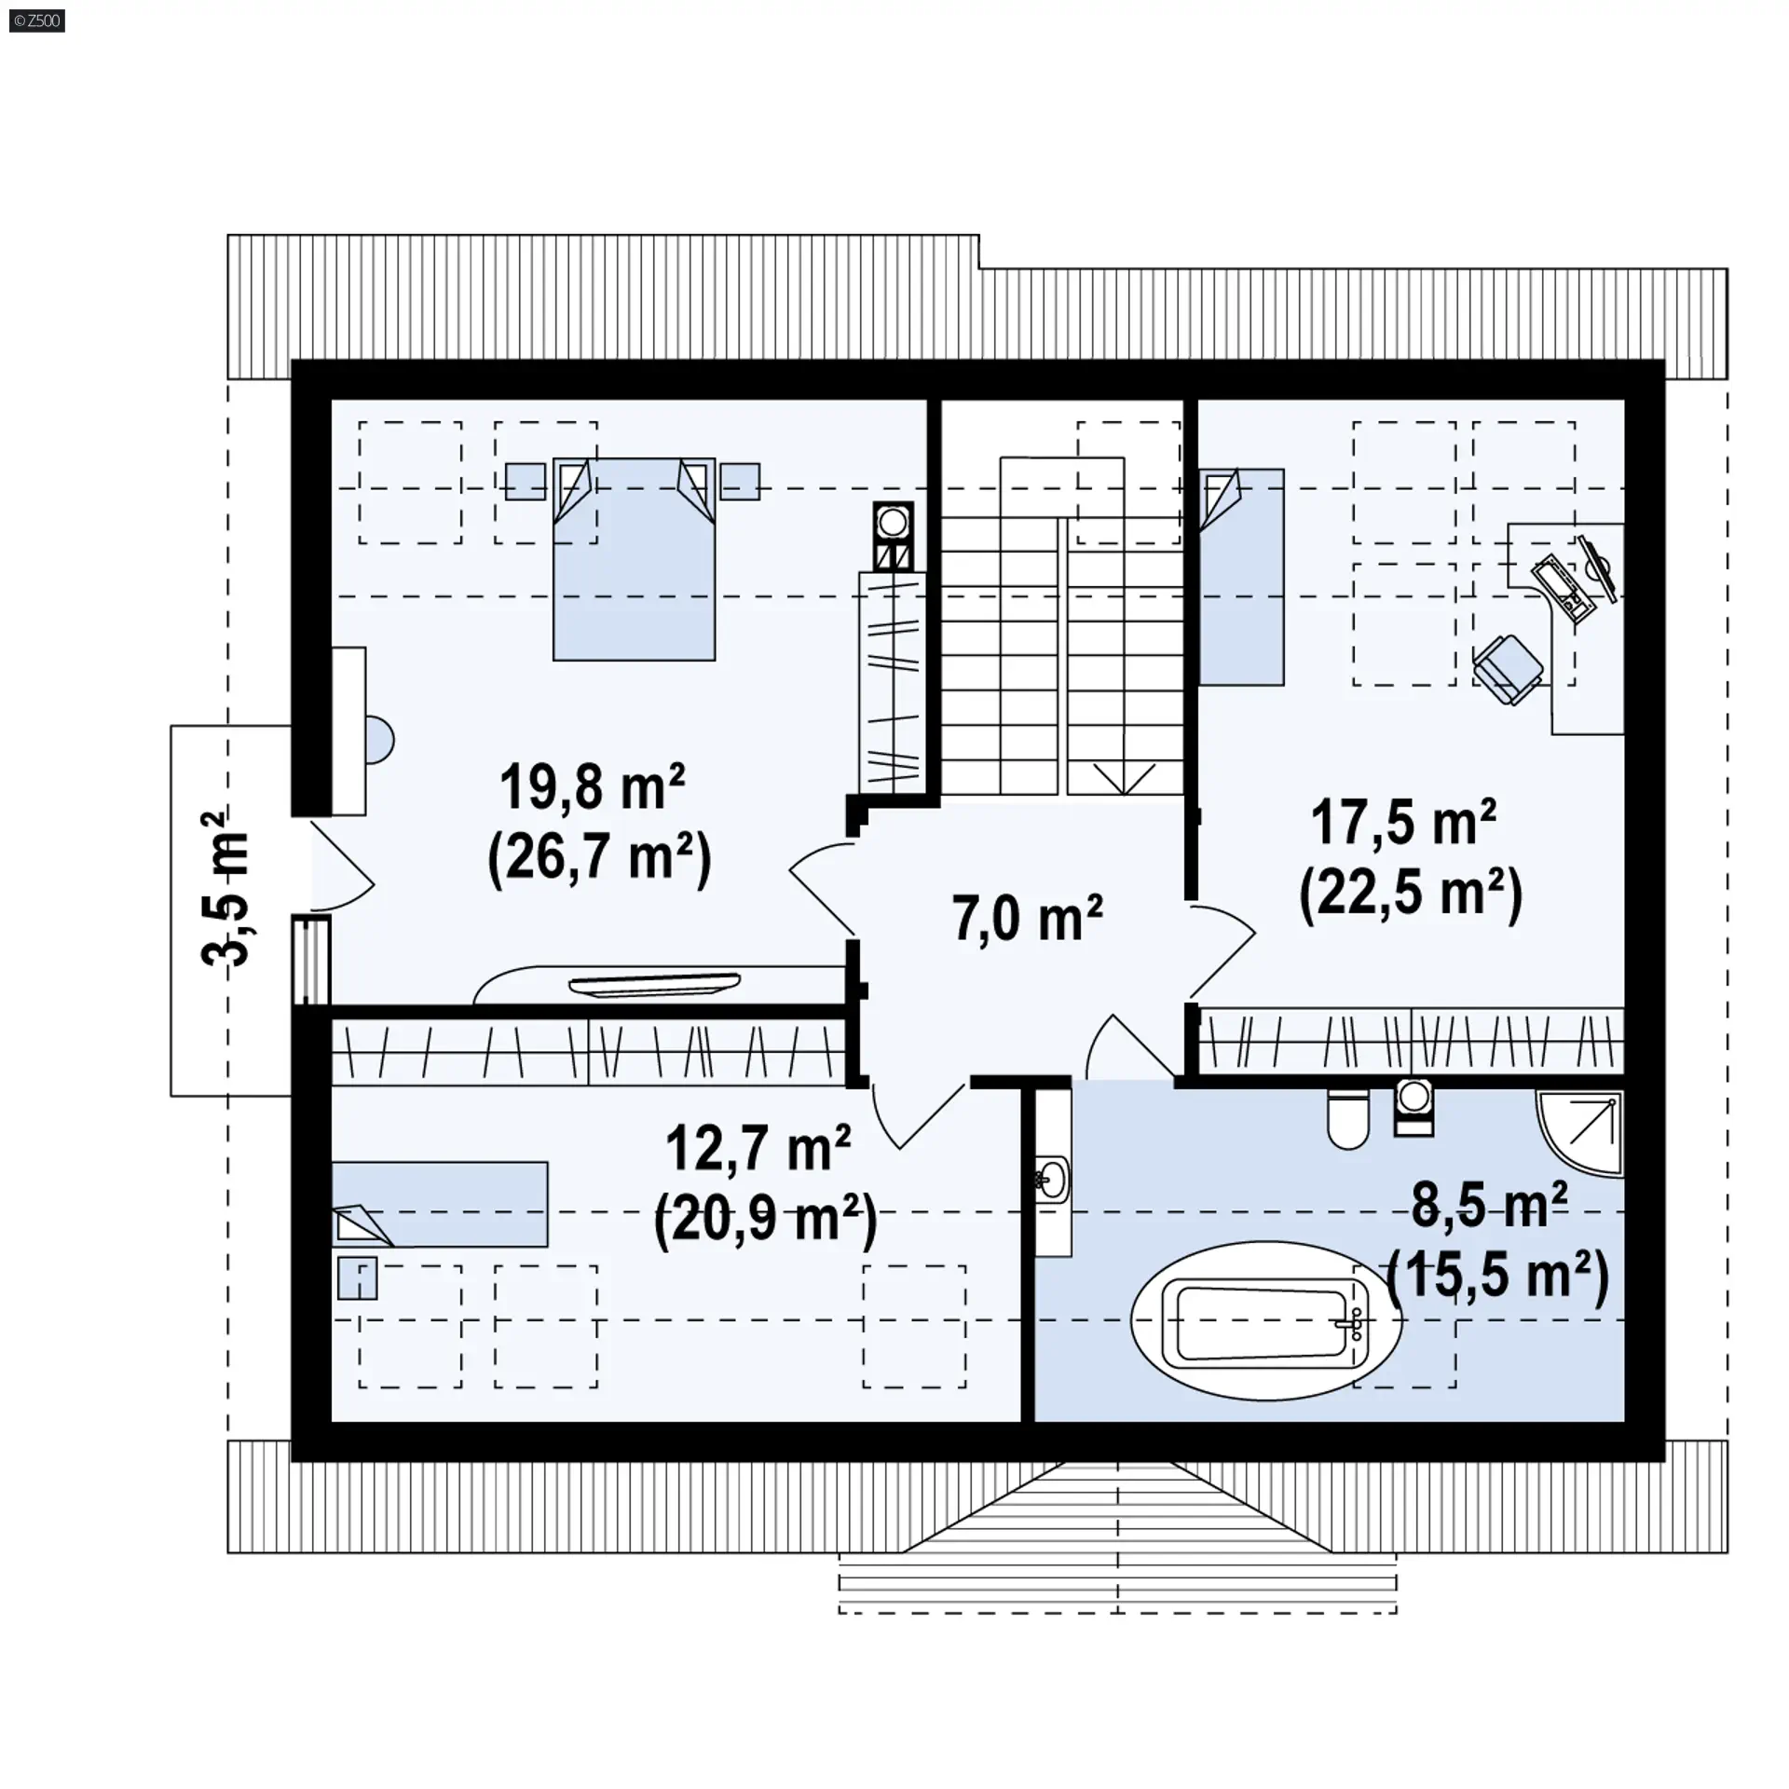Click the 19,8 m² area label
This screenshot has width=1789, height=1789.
click(593, 787)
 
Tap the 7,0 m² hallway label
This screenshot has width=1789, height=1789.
click(1027, 918)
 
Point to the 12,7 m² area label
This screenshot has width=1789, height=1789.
click(758, 1148)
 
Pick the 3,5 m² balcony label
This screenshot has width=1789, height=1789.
click(226, 889)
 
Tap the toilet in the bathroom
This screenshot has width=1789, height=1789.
click(1347, 1120)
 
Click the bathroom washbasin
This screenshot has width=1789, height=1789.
click(1054, 1180)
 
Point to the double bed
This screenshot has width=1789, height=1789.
click(634, 559)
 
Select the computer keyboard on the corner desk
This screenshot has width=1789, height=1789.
click(1564, 588)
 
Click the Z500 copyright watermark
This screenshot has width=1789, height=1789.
click(37, 20)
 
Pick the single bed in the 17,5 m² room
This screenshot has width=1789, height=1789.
click(1241, 577)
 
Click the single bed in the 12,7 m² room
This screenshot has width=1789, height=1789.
click(440, 1204)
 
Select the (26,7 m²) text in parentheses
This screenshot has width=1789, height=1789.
click(599, 857)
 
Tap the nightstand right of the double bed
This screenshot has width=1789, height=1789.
click(740, 482)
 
